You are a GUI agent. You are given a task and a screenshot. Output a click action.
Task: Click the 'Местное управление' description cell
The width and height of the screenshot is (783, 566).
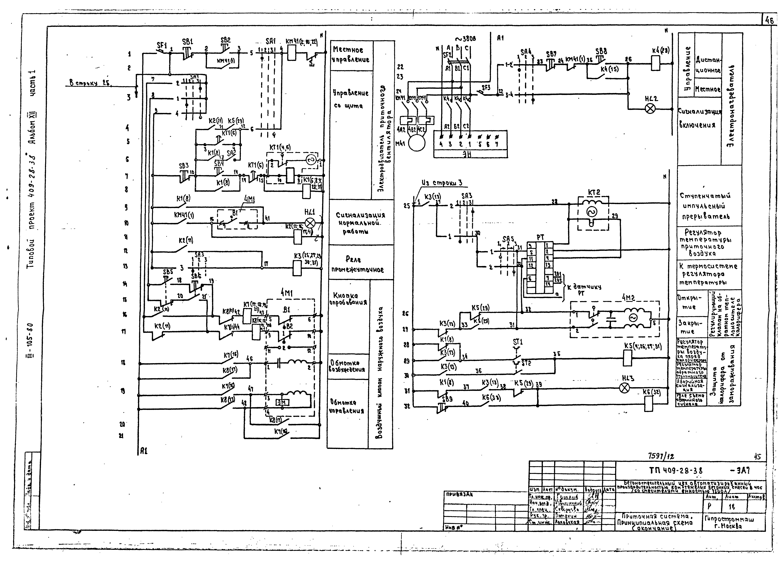(351, 55)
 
